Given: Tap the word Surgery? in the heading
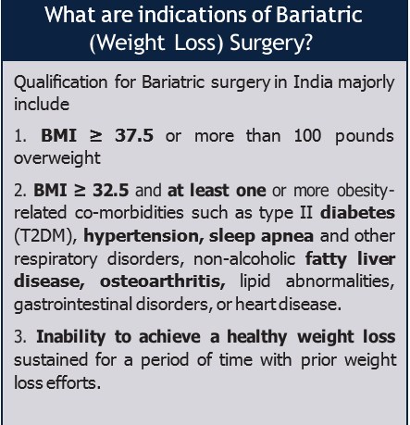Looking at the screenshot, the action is tap(271, 44).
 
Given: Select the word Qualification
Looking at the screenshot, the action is tap(60, 82).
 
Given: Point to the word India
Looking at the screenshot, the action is tap(313, 82).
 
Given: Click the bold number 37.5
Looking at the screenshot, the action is tap(134, 135).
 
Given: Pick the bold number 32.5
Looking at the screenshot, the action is tap(110, 190).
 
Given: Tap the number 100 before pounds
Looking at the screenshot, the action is tap(307, 135).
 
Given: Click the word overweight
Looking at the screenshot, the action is tap(57, 158).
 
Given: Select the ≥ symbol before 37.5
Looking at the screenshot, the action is tap(95, 136).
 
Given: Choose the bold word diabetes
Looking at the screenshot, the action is tap(357, 213).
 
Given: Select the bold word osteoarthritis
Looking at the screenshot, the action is tap(162, 281).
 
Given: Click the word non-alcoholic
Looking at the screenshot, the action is tap(244, 258).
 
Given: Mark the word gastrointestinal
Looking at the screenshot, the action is tap(73, 305).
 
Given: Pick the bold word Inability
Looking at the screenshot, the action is tap(71, 337).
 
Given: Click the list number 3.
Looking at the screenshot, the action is tap(20, 337).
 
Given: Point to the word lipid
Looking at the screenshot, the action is tap(255, 281).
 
